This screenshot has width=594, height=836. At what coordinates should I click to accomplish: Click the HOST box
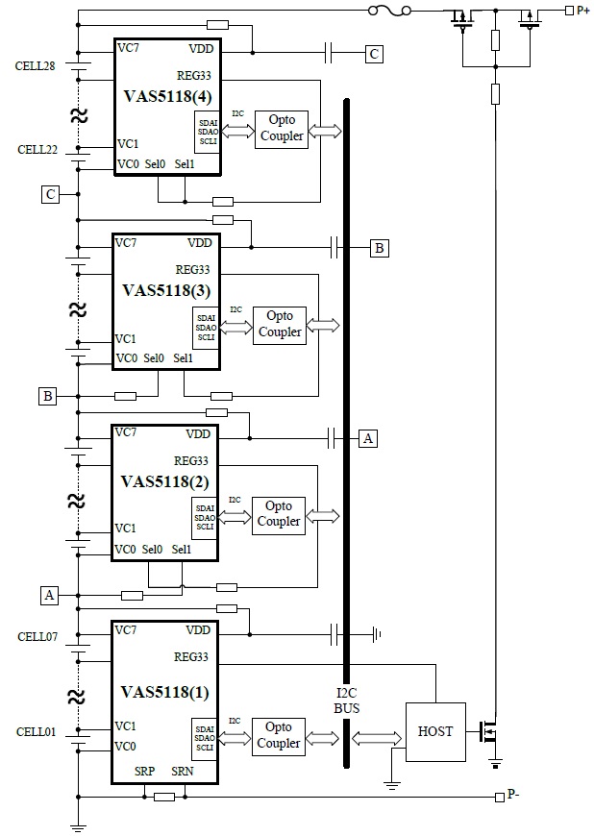click(x=435, y=731)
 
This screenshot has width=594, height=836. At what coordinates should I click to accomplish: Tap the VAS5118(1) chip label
click(x=164, y=691)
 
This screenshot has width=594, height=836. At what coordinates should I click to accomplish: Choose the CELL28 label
click(x=35, y=66)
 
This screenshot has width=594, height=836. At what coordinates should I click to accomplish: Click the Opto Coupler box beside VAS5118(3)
click(x=279, y=325)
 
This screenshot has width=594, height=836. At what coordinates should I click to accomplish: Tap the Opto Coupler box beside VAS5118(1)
click(x=279, y=736)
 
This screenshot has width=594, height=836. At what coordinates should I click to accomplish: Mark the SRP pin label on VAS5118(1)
click(x=144, y=773)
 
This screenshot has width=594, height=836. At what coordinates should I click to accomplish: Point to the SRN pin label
click(x=183, y=773)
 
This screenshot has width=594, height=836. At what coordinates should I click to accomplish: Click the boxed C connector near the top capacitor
click(x=375, y=54)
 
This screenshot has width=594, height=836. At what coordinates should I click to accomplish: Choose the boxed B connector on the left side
click(x=48, y=395)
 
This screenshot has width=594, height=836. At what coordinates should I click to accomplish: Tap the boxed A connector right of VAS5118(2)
click(x=367, y=438)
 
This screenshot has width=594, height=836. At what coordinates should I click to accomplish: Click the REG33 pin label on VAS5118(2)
click(x=191, y=460)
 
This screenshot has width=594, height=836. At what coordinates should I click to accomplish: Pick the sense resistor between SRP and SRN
click(x=164, y=797)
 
